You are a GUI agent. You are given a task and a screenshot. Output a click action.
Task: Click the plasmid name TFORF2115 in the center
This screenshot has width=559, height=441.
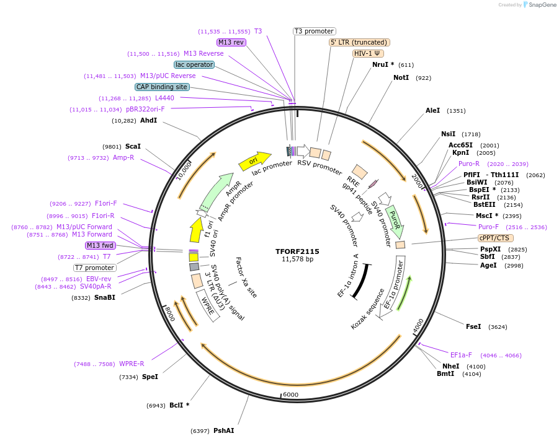(x=297, y=251)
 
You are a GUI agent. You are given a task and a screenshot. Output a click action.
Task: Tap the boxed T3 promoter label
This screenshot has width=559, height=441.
(x=314, y=31)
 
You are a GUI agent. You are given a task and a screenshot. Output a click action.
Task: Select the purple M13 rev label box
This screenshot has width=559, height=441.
(x=231, y=42)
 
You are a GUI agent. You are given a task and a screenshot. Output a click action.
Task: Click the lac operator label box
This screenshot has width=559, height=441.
(x=194, y=64)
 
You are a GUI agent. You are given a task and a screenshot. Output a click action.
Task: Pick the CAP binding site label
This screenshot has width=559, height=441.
(x=162, y=87)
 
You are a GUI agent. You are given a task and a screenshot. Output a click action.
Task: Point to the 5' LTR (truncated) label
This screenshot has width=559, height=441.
(x=359, y=42)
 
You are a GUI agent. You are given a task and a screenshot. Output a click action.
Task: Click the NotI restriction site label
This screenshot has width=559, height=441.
(x=401, y=78)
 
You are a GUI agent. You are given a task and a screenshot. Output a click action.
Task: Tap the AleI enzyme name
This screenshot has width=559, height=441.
(x=432, y=111)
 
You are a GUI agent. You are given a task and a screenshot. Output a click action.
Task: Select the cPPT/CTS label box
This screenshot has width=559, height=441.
(x=495, y=238)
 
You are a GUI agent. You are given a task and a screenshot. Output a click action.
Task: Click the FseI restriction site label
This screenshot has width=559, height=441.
(x=473, y=326)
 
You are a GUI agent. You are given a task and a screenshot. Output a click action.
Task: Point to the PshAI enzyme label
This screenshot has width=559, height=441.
(x=223, y=430)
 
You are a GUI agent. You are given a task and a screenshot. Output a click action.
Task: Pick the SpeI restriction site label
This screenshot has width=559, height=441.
(x=150, y=377)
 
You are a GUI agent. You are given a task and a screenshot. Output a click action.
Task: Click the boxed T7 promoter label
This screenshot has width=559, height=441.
(x=94, y=268)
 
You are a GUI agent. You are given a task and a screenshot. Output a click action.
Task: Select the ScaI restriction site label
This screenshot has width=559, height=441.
(x=133, y=147)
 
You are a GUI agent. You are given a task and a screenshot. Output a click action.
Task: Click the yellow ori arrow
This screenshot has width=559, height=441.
(x=254, y=160)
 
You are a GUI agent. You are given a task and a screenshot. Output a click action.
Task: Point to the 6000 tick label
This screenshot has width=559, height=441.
(x=290, y=395)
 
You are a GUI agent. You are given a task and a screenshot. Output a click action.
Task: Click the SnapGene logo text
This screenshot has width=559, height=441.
(x=542, y=5)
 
